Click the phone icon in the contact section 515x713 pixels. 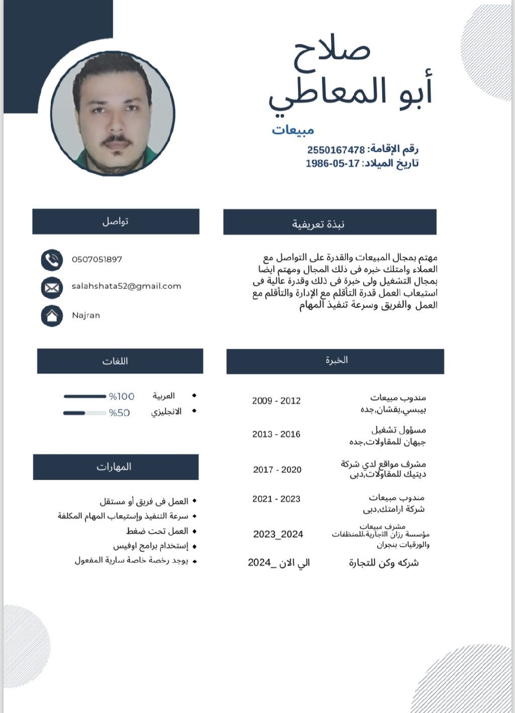point(52,260)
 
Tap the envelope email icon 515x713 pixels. point(52,287)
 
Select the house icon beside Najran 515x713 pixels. point(52,316)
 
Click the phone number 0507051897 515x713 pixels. point(97,259)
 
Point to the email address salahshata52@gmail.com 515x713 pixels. point(126,286)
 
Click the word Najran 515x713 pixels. point(86,316)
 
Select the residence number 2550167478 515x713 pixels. point(336,150)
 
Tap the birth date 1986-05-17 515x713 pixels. point(333,163)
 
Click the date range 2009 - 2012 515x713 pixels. point(276,400)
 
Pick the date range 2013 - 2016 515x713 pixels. point(276,434)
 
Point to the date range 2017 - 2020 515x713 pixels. point(277,469)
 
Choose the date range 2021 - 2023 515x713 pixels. point(276,499)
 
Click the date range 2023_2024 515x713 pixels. point(278,534)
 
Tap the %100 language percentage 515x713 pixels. point(122,396)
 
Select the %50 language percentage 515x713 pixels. point(120,413)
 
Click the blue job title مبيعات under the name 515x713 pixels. point(293,130)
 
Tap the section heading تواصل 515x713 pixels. point(116,221)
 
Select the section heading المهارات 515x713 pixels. point(114,467)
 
